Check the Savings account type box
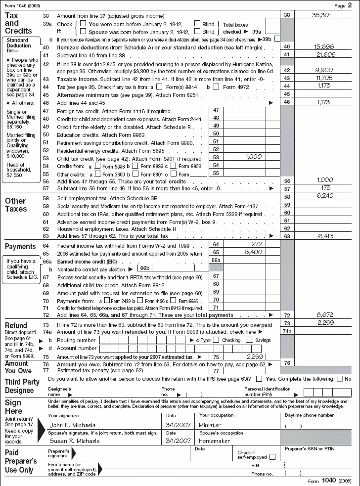coord(250,340)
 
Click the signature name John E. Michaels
coord(69,425)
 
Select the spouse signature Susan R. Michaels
coord(71,441)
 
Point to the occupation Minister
coord(210,425)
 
